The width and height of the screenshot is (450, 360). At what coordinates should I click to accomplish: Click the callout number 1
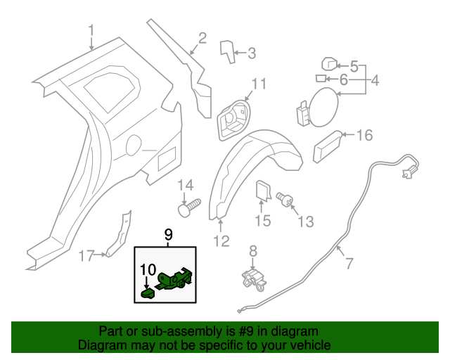tap(91, 30)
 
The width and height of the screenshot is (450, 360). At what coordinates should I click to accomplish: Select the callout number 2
tap(202, 38)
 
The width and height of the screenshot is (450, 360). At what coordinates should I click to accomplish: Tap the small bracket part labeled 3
tap(227, 51)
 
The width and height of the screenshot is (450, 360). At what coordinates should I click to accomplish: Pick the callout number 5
tap(354, 67)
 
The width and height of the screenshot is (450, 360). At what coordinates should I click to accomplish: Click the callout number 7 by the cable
tap(349, 264)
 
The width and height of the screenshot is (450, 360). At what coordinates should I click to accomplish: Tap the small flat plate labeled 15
tap(262, 191)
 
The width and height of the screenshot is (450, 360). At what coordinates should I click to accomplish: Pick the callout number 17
tap(85, 256)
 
